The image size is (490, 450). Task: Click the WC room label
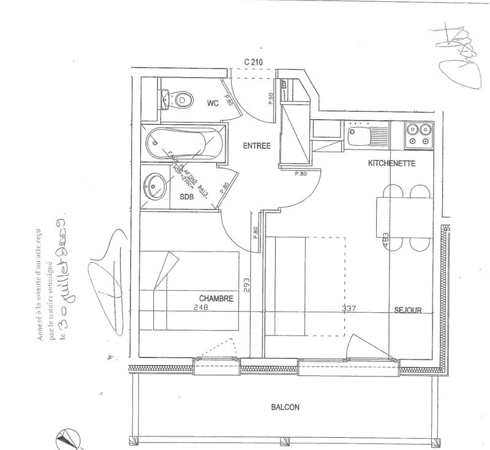213,103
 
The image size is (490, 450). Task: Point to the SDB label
186,198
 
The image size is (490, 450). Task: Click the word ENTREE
256,146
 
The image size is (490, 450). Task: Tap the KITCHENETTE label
392,163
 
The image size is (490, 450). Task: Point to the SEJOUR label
408,310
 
